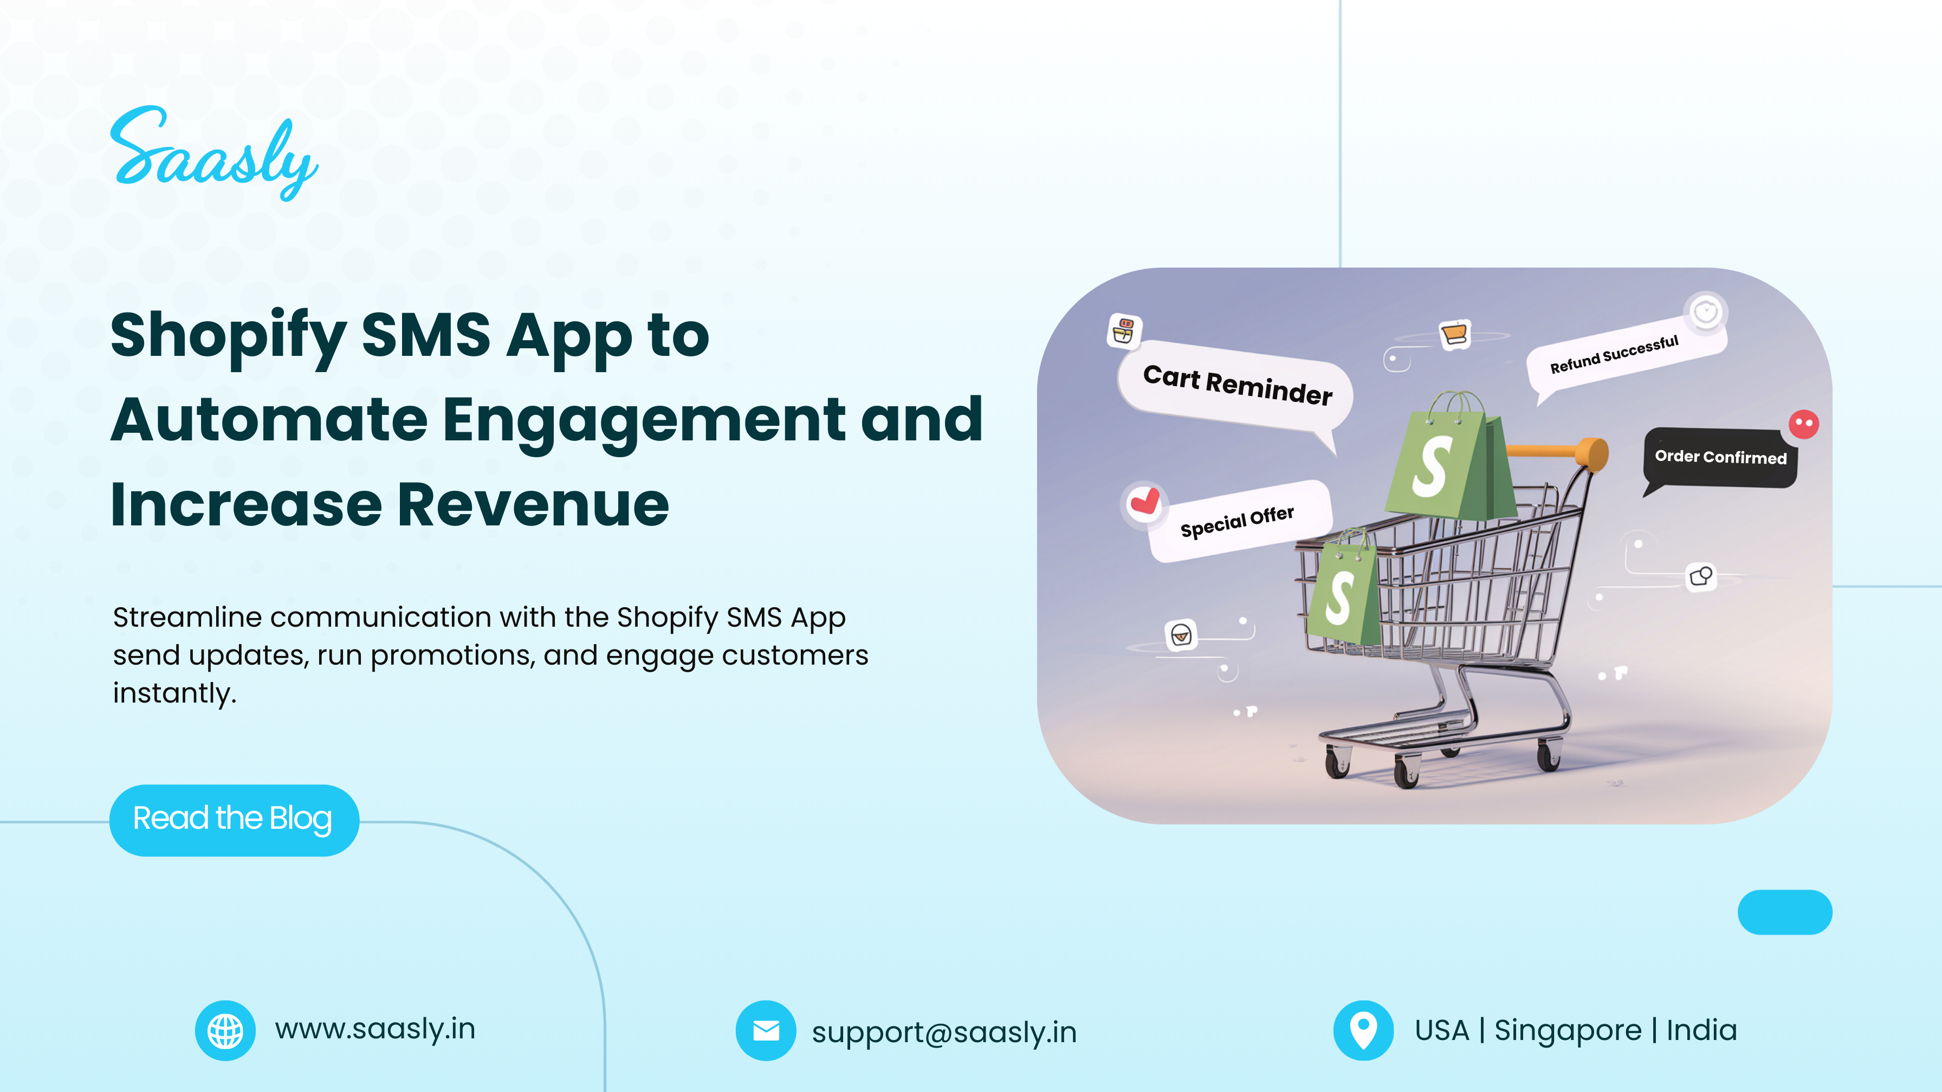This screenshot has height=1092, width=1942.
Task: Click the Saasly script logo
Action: click(214, 154)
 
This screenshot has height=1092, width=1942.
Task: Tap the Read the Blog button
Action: click(234, 820)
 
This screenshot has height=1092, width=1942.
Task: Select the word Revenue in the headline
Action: click(533, 504)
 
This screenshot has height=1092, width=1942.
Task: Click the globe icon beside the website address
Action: click(225, 1030)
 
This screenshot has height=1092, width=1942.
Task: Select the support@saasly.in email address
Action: click(944, 1032)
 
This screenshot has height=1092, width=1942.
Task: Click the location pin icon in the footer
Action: click(1363, 1030)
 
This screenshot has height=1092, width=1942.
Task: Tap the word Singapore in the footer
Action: click(1568, 1031)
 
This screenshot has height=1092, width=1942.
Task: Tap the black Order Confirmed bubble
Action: click(1720, 458)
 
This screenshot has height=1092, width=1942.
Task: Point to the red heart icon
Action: click(1144, 500)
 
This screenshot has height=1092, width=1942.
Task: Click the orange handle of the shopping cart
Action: click(1557, 452)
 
